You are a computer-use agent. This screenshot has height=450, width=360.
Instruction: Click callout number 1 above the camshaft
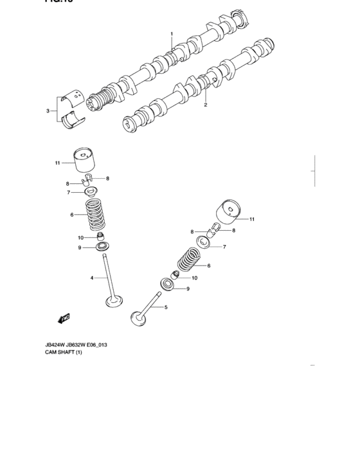172,33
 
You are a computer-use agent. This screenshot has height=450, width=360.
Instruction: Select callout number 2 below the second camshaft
206,104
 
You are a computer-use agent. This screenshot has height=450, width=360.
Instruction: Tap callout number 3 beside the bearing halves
48,111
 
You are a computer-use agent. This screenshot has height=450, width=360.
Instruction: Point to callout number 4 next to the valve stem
91,278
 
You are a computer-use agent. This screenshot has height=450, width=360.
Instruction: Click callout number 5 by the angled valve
166,308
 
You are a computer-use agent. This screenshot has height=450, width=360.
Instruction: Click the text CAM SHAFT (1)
63,353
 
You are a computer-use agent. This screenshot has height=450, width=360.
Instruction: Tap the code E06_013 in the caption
94,345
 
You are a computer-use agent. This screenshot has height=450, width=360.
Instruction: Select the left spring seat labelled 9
102,247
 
